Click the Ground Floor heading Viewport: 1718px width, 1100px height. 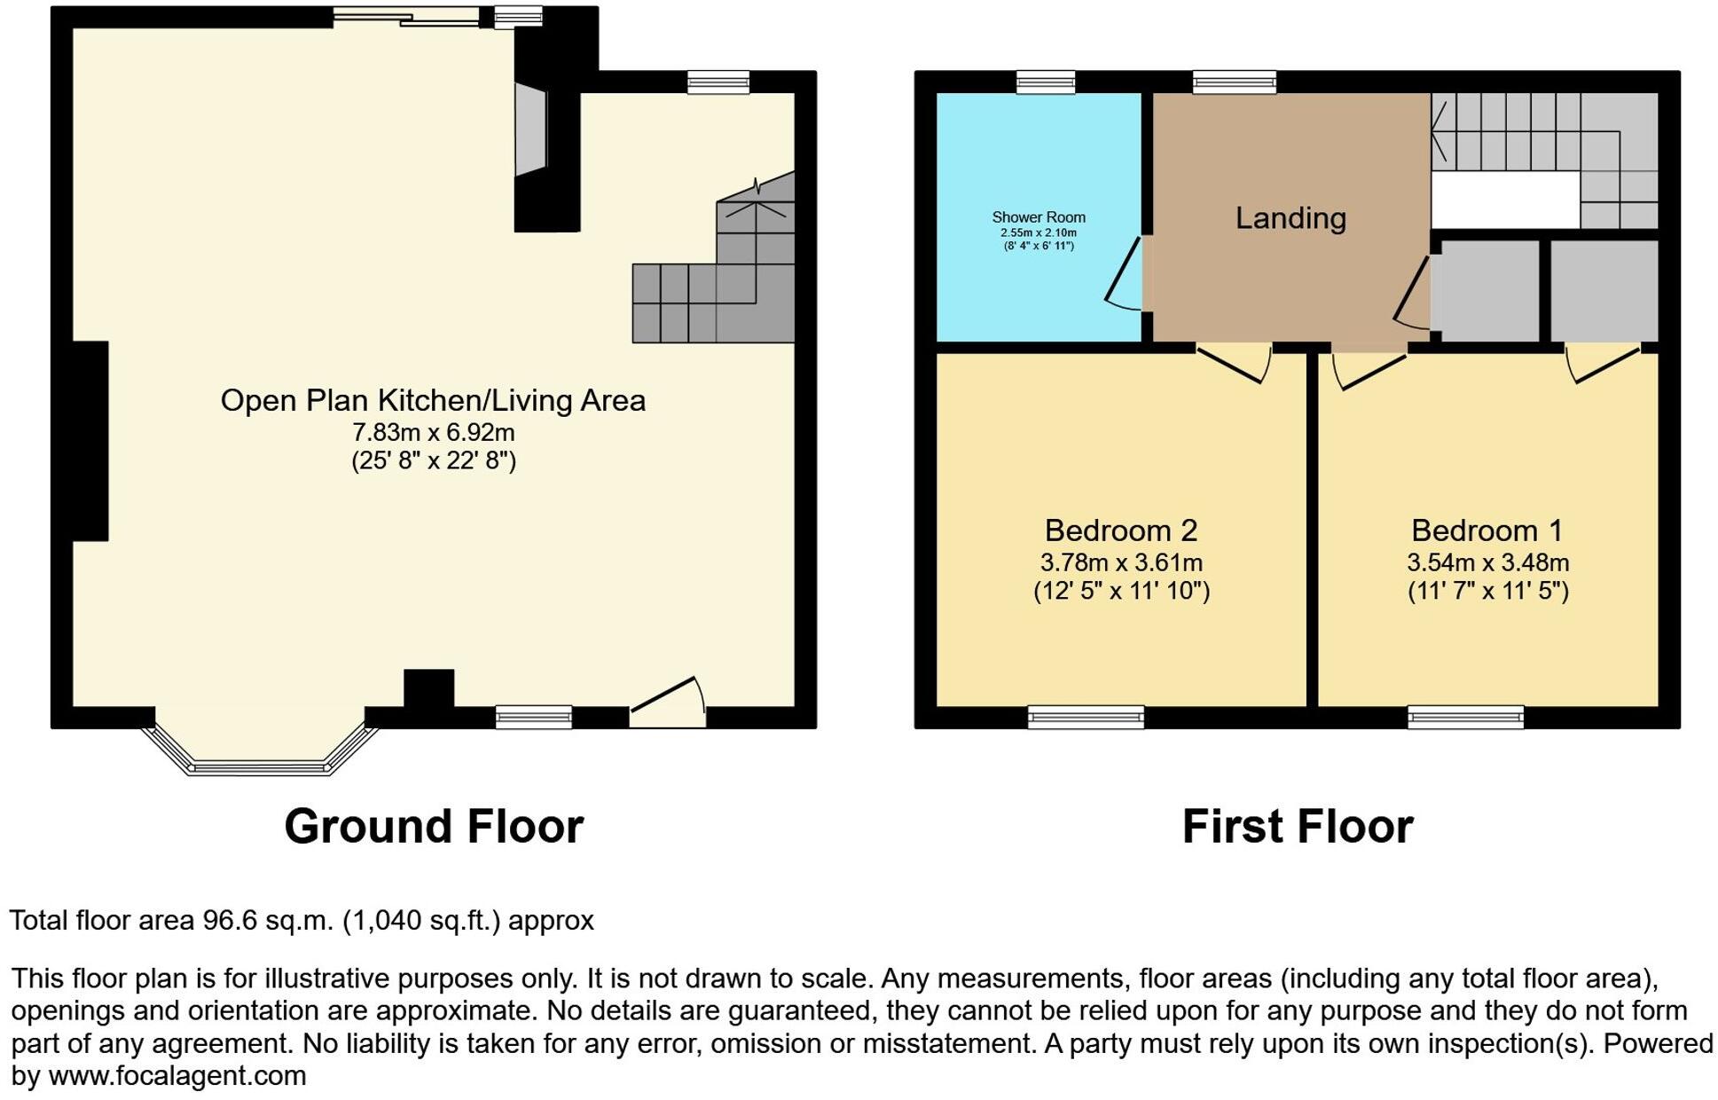click(433, 827)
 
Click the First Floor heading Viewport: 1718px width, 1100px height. click(1297, 827)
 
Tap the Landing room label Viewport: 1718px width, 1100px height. click(1290, 218)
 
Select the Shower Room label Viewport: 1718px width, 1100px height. click(1038, 217)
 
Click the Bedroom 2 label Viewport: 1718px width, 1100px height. click(1120, 530)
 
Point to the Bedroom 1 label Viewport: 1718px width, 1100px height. click(1487, 530)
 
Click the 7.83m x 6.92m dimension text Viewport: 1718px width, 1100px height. click(433, 433)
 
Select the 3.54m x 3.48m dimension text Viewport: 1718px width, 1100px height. click(1487, 562)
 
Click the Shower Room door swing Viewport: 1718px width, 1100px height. click(1125, 275)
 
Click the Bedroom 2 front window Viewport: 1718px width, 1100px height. click(1086, 717)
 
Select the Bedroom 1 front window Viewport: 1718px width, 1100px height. click(1465, 717)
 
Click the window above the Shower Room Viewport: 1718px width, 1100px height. click(1045, 82)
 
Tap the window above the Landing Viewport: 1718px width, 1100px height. click(1234, 82)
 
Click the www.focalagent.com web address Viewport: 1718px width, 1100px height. click(177, 1076)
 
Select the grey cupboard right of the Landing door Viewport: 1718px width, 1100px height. click(1486, 290)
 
